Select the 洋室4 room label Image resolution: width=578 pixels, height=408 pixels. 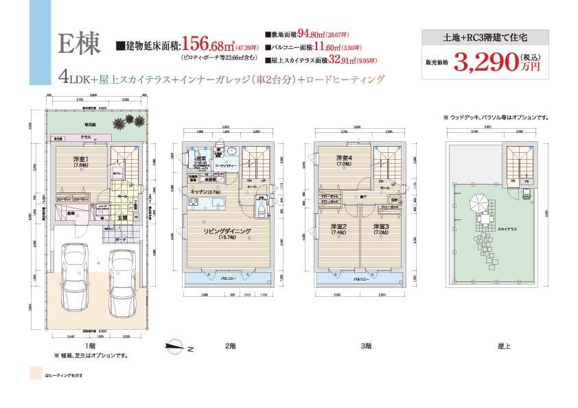(x=343, y=160)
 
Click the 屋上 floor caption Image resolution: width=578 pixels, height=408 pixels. (x=504, y=346)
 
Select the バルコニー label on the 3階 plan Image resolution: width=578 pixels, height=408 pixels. (x=362, y=280)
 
